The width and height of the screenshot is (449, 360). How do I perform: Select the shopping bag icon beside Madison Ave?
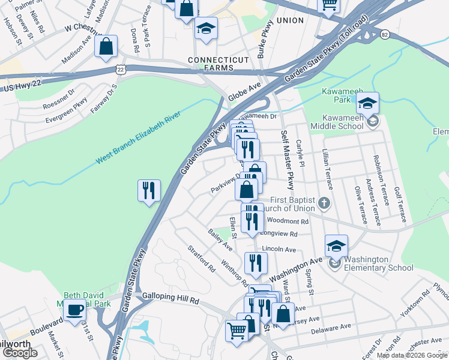(106, 47)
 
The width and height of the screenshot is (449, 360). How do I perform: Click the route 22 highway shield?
(121, 70)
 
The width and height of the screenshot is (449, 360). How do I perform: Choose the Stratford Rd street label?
(200, 258)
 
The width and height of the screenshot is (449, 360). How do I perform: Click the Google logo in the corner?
(20, 353)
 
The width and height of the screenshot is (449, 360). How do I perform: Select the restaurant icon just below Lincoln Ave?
(256, 263)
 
